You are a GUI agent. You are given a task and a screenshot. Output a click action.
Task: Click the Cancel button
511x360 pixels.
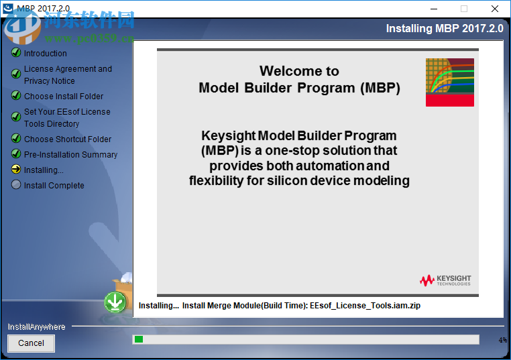[x=31, y=343]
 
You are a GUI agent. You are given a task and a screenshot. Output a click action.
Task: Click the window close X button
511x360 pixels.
[x=495, y=9]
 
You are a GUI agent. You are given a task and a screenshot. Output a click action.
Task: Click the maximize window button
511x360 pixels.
[x=463, y=9]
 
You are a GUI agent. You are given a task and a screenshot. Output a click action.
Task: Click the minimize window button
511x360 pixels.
[x=433, y=9]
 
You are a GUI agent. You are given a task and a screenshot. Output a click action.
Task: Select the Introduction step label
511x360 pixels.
[x=46, y=54]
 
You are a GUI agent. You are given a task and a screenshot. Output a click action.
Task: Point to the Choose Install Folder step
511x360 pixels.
[x=64, y=97]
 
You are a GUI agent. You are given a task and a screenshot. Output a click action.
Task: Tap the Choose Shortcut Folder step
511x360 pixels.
[x=68, y=139]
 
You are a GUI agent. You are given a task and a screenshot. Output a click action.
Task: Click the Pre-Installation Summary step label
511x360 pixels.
[x=70, y=155]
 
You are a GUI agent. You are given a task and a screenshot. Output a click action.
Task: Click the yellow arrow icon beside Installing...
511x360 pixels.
[x=16, y=170]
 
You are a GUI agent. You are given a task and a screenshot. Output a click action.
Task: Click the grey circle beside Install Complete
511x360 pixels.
[x=16, y=185]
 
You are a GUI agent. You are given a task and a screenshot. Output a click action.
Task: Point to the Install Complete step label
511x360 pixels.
[x=54, y=186]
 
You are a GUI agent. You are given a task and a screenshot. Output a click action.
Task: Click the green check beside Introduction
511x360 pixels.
[x=16, y=53]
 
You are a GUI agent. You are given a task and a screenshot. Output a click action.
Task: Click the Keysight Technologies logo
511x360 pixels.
[x=445, y=280]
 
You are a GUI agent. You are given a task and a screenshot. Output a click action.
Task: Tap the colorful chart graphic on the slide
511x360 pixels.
[x=449, y=82]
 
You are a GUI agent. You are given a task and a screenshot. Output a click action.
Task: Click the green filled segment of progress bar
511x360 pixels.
[x=139, y=340]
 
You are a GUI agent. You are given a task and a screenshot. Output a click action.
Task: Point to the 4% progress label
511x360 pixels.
[x=502, y=341]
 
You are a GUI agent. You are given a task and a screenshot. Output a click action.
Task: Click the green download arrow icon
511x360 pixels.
[x=115, y=302]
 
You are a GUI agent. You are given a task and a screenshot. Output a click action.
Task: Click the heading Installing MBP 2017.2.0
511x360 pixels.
[x=444, y=29]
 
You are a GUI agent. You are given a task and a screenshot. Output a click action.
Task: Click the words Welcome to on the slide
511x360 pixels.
[x=299, y=71]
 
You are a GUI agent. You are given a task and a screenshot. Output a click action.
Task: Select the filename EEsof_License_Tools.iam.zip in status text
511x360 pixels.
[x=365, y=306]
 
